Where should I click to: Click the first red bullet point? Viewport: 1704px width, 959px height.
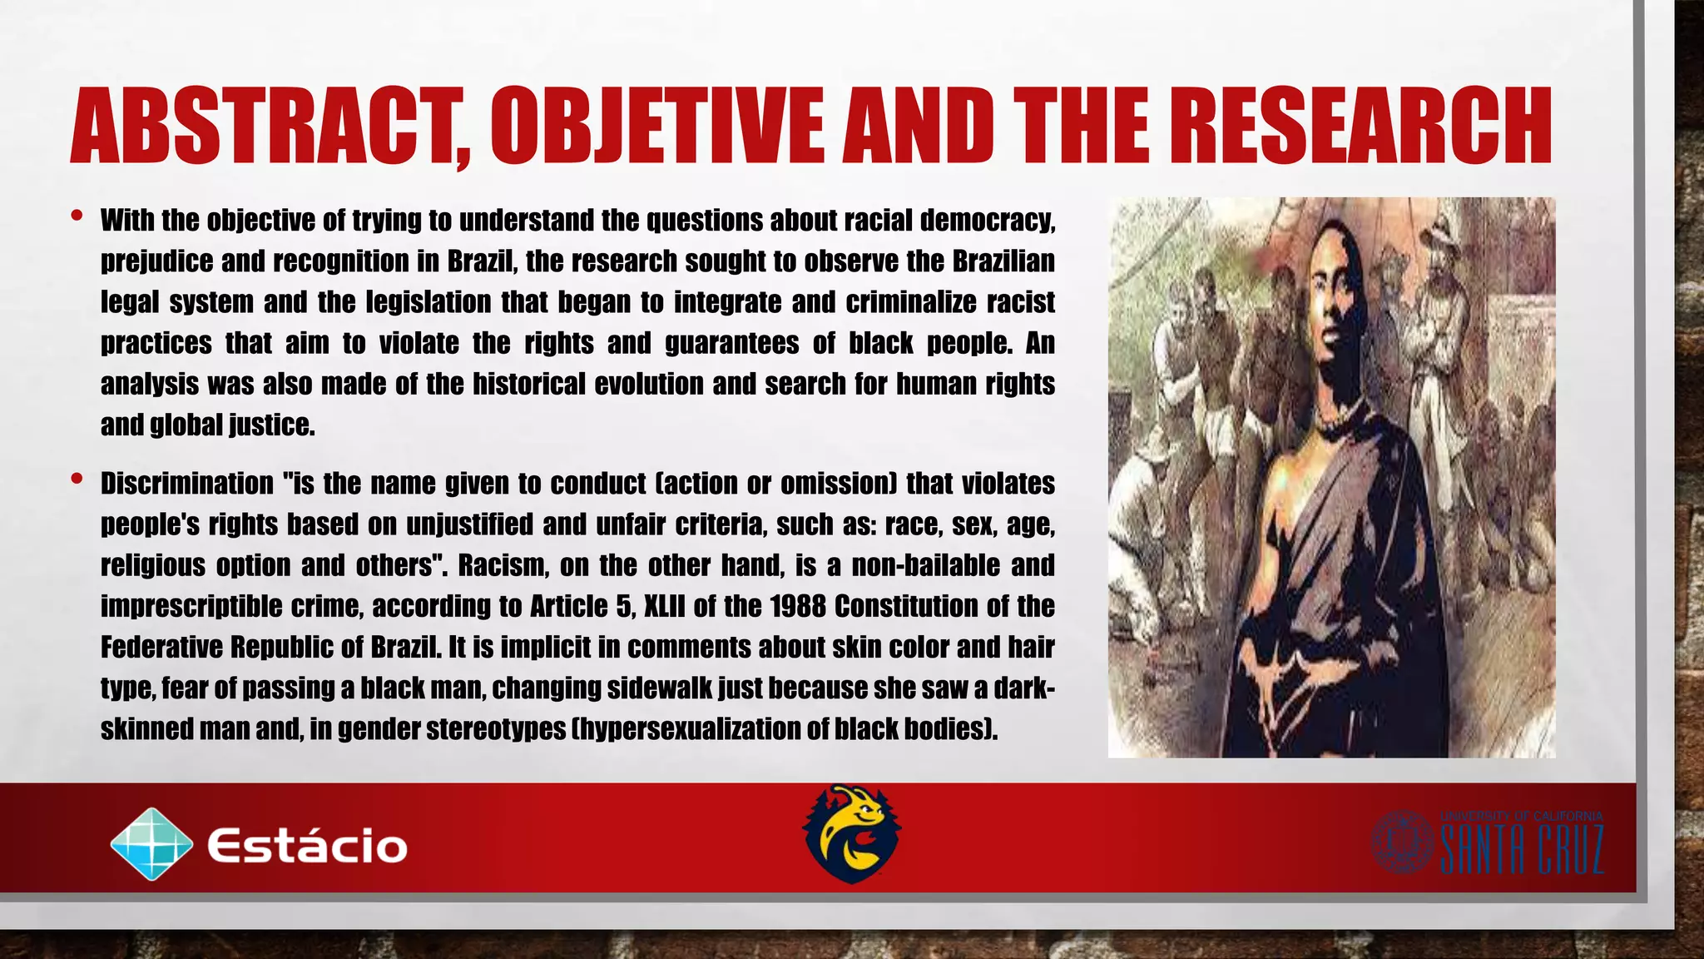point(77,216)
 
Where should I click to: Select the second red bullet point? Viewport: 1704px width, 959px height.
point(77,479)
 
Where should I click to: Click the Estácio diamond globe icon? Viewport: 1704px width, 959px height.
point(151,844)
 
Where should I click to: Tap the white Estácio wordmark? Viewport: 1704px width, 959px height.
point(307,847)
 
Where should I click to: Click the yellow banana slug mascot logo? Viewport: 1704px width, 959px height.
point(851,833)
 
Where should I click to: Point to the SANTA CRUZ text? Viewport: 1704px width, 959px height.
point(1522,850)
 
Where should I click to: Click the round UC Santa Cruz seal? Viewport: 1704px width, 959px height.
point(1403,842)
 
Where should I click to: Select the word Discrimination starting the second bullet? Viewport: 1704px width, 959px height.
point(186,483)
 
